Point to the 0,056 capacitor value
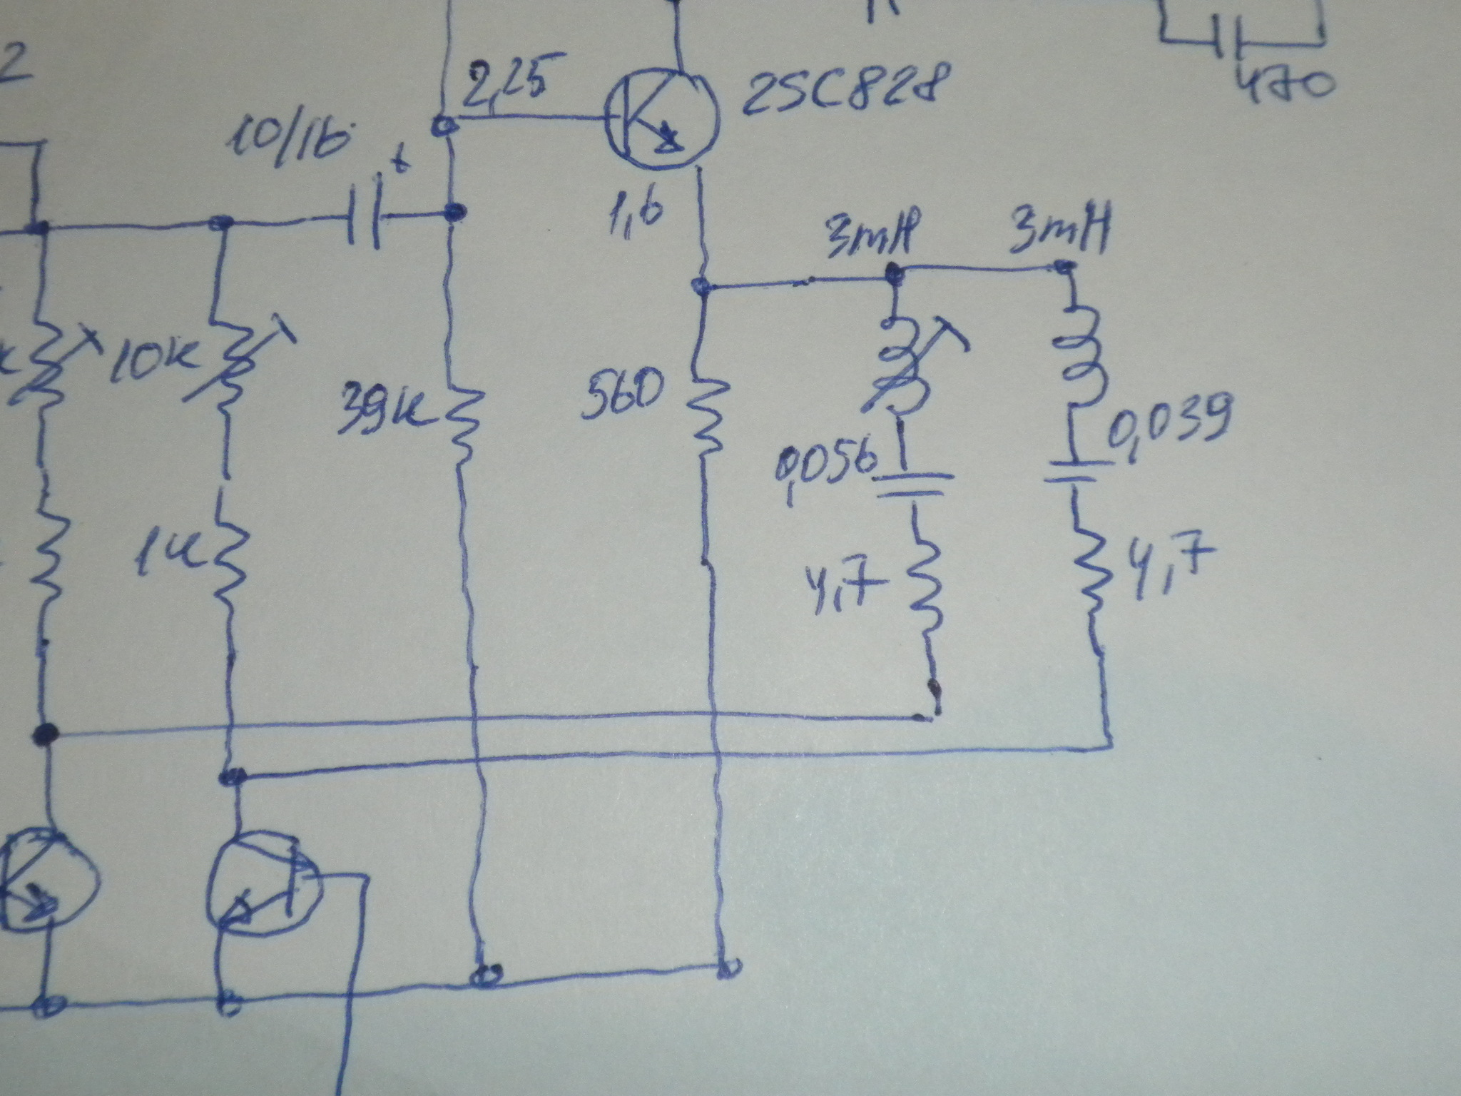click(x=825, y=466)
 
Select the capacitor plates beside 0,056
click(x=913, y=485)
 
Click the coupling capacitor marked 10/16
click(x=366, y=214)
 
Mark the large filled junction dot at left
click(x=45, y=734)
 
